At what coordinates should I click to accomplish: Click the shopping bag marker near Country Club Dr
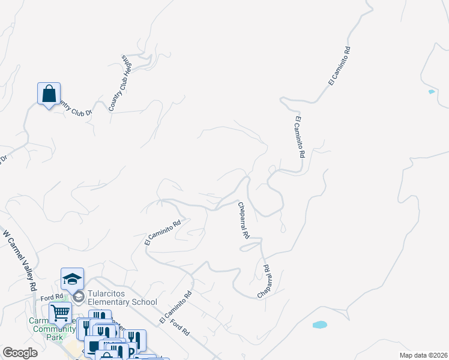[49, 94]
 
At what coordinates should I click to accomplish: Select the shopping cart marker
[60, 312]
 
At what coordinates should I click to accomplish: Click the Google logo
[20, 352]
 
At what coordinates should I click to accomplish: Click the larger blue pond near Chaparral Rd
[319, 325]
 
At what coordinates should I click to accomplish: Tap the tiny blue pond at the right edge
[431, 92]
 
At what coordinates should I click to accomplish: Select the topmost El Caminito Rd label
[339, 66]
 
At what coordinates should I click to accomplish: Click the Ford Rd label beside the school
[52, 296]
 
